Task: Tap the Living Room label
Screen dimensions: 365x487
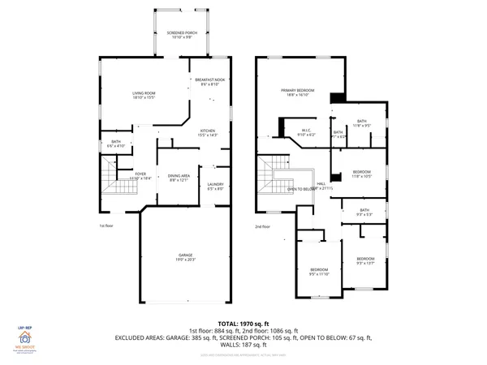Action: [144, 96]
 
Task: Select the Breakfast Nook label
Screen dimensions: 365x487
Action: [209, 81]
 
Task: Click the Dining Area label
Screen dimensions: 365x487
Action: [179, 177]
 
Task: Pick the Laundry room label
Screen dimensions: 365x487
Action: [215, 187]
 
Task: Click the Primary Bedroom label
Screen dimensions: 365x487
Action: [297, 92]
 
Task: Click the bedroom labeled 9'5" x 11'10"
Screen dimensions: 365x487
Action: [318, 272]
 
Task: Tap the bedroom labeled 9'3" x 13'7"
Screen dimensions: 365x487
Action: [365, 260]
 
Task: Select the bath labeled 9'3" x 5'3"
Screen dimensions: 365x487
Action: [365, 213]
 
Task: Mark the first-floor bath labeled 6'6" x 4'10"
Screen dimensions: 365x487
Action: [117, 144]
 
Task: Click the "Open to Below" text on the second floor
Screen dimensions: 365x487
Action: [300, 189]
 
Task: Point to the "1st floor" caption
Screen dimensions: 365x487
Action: [106, 226]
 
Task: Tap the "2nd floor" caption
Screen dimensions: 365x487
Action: [262, 226]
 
